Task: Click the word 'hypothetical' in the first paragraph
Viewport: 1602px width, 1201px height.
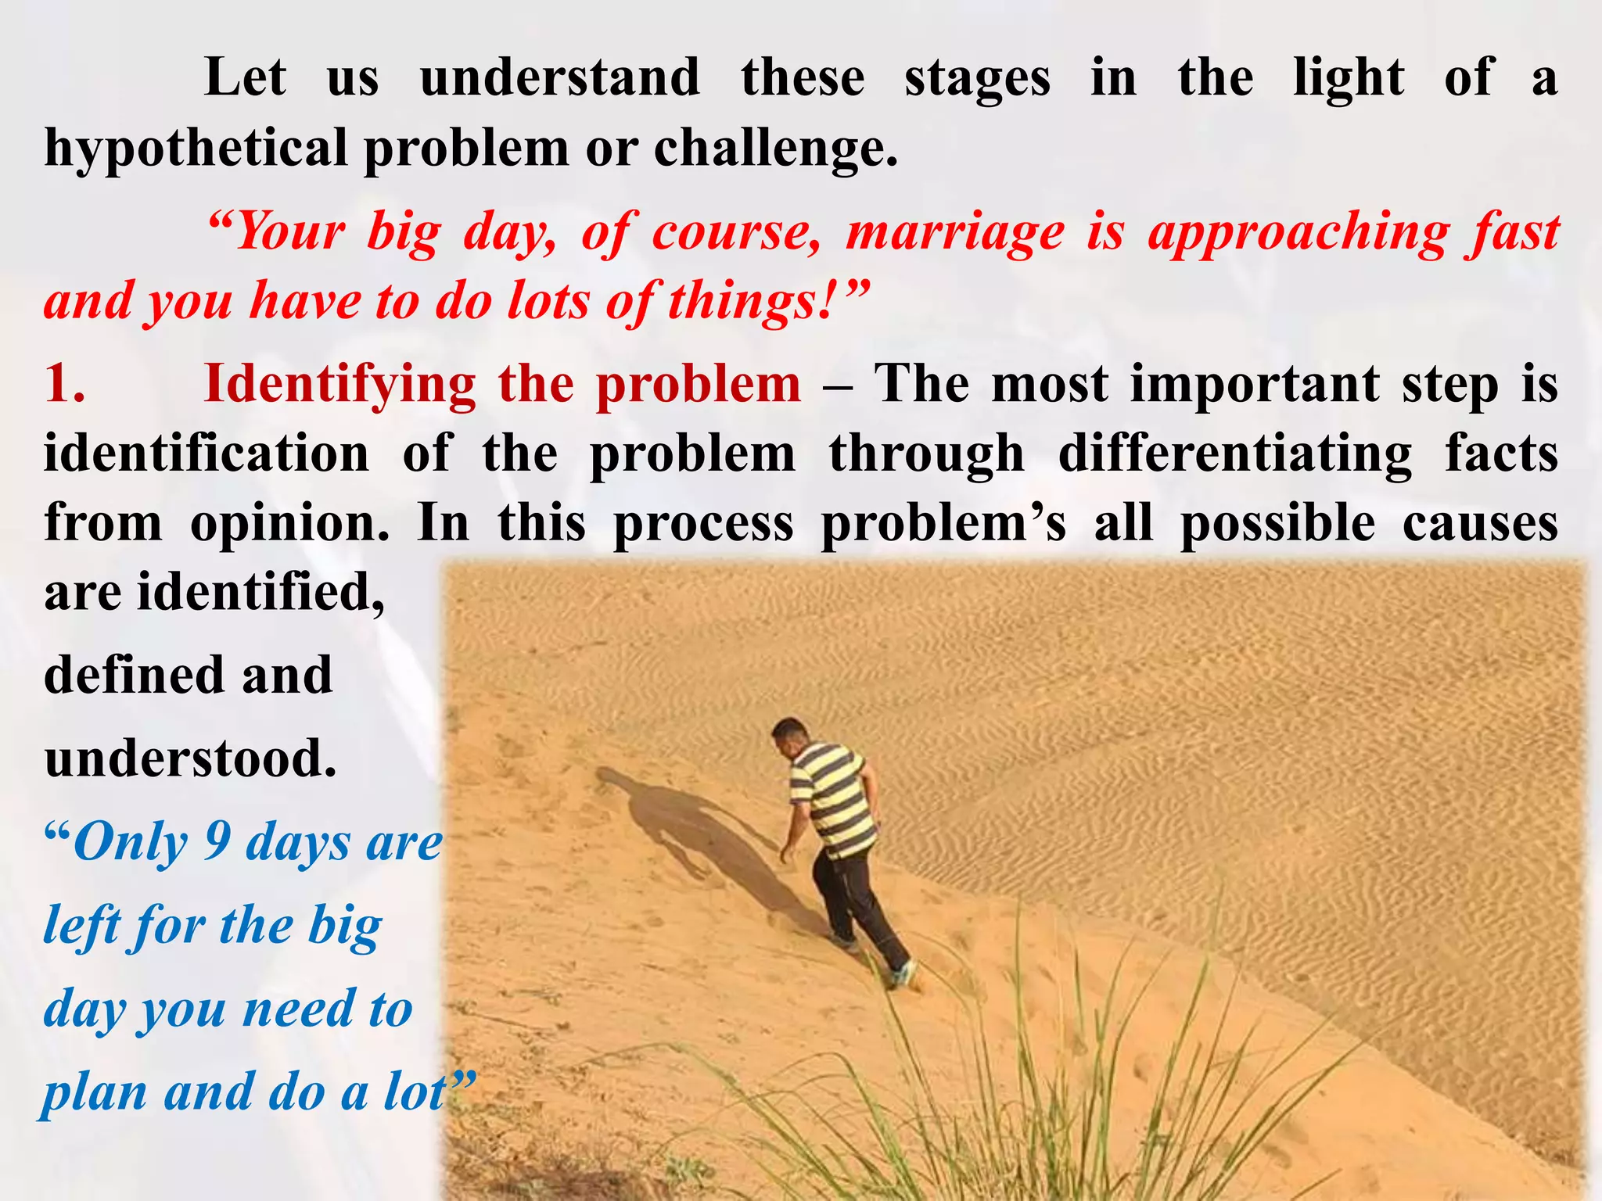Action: click(196, 148)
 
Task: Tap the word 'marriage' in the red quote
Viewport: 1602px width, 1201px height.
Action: click(955, 232)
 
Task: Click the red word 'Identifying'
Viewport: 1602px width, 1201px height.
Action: click(339, 384)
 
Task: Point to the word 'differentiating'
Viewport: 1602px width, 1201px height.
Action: click(1235, 454)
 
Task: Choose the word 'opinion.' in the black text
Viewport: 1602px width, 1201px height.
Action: click(290, 522)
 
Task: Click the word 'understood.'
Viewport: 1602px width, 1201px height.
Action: click(190, 758)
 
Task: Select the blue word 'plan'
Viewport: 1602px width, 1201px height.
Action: click(94, 1092)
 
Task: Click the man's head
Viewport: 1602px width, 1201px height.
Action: click(788, 736)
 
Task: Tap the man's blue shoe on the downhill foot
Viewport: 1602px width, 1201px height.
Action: click(901, 974)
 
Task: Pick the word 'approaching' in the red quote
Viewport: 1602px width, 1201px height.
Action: click(1298, 232)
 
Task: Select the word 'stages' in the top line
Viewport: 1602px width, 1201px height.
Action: click(977, 78)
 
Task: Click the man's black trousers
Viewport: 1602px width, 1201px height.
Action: click(857, 899)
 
